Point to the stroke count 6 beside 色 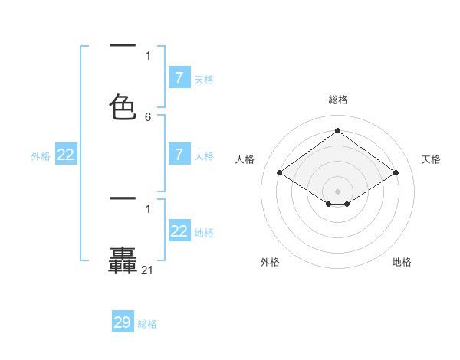(148, 117)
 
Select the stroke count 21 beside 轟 (148, 270)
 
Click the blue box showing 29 (123, 322)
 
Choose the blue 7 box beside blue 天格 (179, 78)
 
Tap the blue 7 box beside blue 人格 (179, 155)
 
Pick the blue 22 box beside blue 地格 (179, 231)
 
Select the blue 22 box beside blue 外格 (66, 155)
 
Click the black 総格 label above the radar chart (338, 100)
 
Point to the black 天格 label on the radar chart (431, 159)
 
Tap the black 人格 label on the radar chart (245, 159)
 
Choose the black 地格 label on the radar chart (402, 262)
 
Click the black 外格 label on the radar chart (270, 262)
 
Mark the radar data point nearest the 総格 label (338, 131)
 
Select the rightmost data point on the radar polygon (396, 173)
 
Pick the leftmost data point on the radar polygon (280, 173)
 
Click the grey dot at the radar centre (338, 191)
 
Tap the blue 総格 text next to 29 (147, 324)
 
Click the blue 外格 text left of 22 (41, 156)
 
